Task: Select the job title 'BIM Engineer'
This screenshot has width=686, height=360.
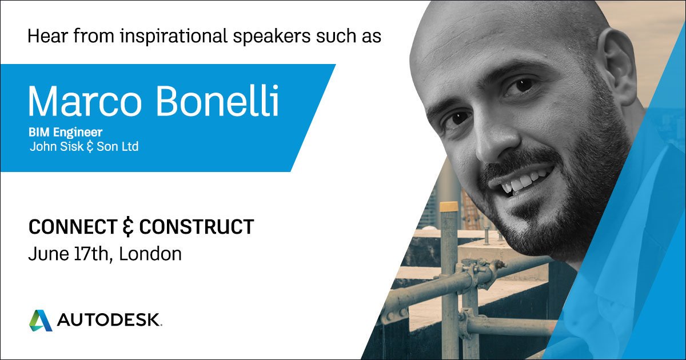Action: pos(65,133)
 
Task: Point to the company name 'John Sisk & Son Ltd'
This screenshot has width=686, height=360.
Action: pos(83,147)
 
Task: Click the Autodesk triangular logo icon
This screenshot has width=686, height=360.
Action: pos(41,320)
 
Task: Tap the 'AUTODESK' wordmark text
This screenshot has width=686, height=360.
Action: pos(109,321)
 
